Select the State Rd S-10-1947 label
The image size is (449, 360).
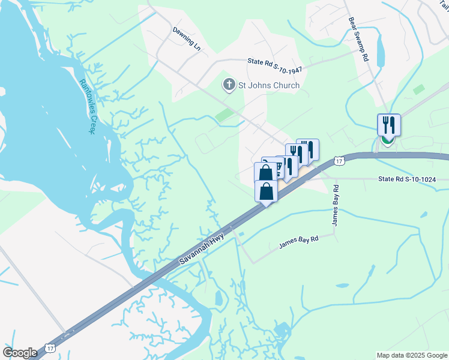point(274,65)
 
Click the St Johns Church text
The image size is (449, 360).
point(269,85)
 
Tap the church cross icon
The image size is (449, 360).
point(229,85)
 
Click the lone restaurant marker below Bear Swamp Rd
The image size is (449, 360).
point(388,125)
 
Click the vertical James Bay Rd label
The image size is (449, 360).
point(336,205)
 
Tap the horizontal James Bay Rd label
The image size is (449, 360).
point(298,242)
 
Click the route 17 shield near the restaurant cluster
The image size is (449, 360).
point(339,161)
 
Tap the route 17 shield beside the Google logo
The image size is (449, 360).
point(49,349)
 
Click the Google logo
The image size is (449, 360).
point(20,353)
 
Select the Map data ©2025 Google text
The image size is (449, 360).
point(411,355)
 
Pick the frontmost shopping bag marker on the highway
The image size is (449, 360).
point(266,191)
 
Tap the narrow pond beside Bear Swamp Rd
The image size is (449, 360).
point(380,48)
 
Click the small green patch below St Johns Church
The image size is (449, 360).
point(225,115)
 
